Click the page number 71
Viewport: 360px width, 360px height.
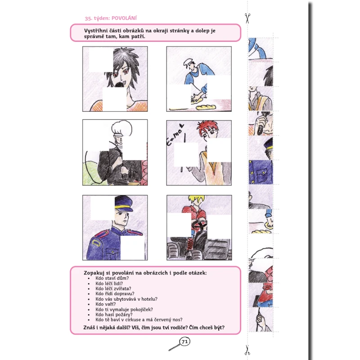coord(185,342)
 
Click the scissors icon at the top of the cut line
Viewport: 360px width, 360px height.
coord(247,18)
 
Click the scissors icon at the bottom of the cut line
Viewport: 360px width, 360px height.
coord(247,350)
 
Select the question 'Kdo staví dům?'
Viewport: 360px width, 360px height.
coord(112,278)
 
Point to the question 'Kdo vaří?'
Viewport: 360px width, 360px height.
coord(106,304)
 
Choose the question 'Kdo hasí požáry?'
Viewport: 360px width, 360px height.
coord(114,315)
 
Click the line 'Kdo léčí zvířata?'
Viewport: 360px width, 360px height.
coord(113,288)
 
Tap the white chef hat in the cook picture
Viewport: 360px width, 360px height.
coord(121,128)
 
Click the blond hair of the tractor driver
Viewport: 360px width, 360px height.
coord(196,200)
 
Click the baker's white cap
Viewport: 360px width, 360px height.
coord(188,62)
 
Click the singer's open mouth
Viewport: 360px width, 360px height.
coord(120,84)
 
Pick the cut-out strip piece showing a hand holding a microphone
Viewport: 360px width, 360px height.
coord(261,123)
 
